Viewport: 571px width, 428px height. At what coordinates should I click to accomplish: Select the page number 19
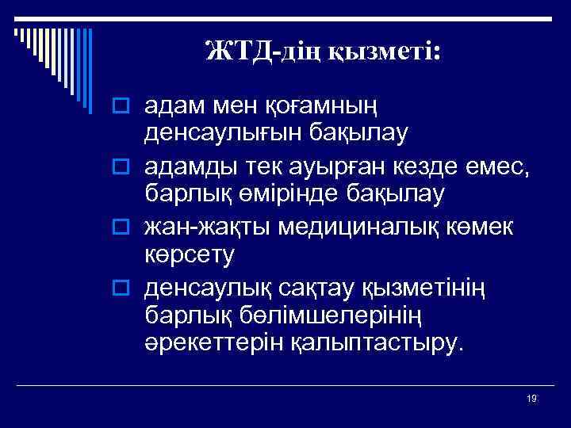tap(531, 399)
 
